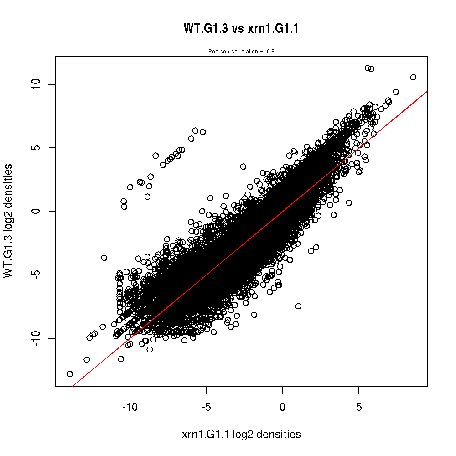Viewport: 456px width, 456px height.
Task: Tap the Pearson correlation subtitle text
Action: coord(241,52)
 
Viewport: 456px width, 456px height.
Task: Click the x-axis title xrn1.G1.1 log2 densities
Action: coord(241,435)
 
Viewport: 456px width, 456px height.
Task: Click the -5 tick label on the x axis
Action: coord(206,405)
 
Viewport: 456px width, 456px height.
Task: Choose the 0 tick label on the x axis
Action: coord(283,405)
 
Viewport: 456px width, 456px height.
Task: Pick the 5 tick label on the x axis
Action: coord(359,405)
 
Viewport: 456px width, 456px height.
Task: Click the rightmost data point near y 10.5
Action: coord(413,77)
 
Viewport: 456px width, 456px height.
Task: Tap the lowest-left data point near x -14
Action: coord(70,374)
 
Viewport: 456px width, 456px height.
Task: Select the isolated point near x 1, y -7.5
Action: coord(298,306)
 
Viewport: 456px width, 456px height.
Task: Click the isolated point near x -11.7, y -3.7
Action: coord(104,258)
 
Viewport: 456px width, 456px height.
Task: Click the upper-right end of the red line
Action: coord(426,92)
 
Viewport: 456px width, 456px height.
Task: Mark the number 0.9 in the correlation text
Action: coord(270,52)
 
